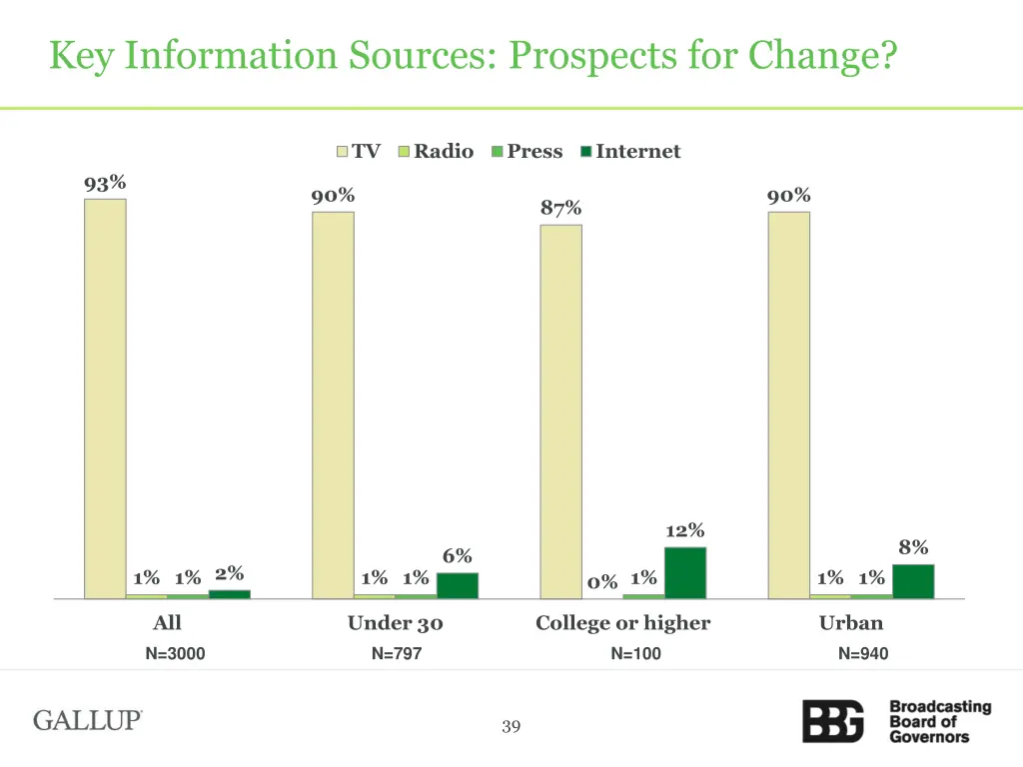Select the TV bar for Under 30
pos(333,404)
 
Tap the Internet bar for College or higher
pos(685,572)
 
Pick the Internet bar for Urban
pos(913,581)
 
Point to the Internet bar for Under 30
pos(458,585)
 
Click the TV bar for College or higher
pos(561,410)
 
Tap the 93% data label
pos(105,183)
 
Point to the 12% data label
pos(685,530)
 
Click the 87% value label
pos(561,208)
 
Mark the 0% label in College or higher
pos(602,582)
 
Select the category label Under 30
pos(395,623)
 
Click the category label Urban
pos(851,623)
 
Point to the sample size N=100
pos(636,654)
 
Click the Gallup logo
pos(88,720)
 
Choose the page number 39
pos(511,727)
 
